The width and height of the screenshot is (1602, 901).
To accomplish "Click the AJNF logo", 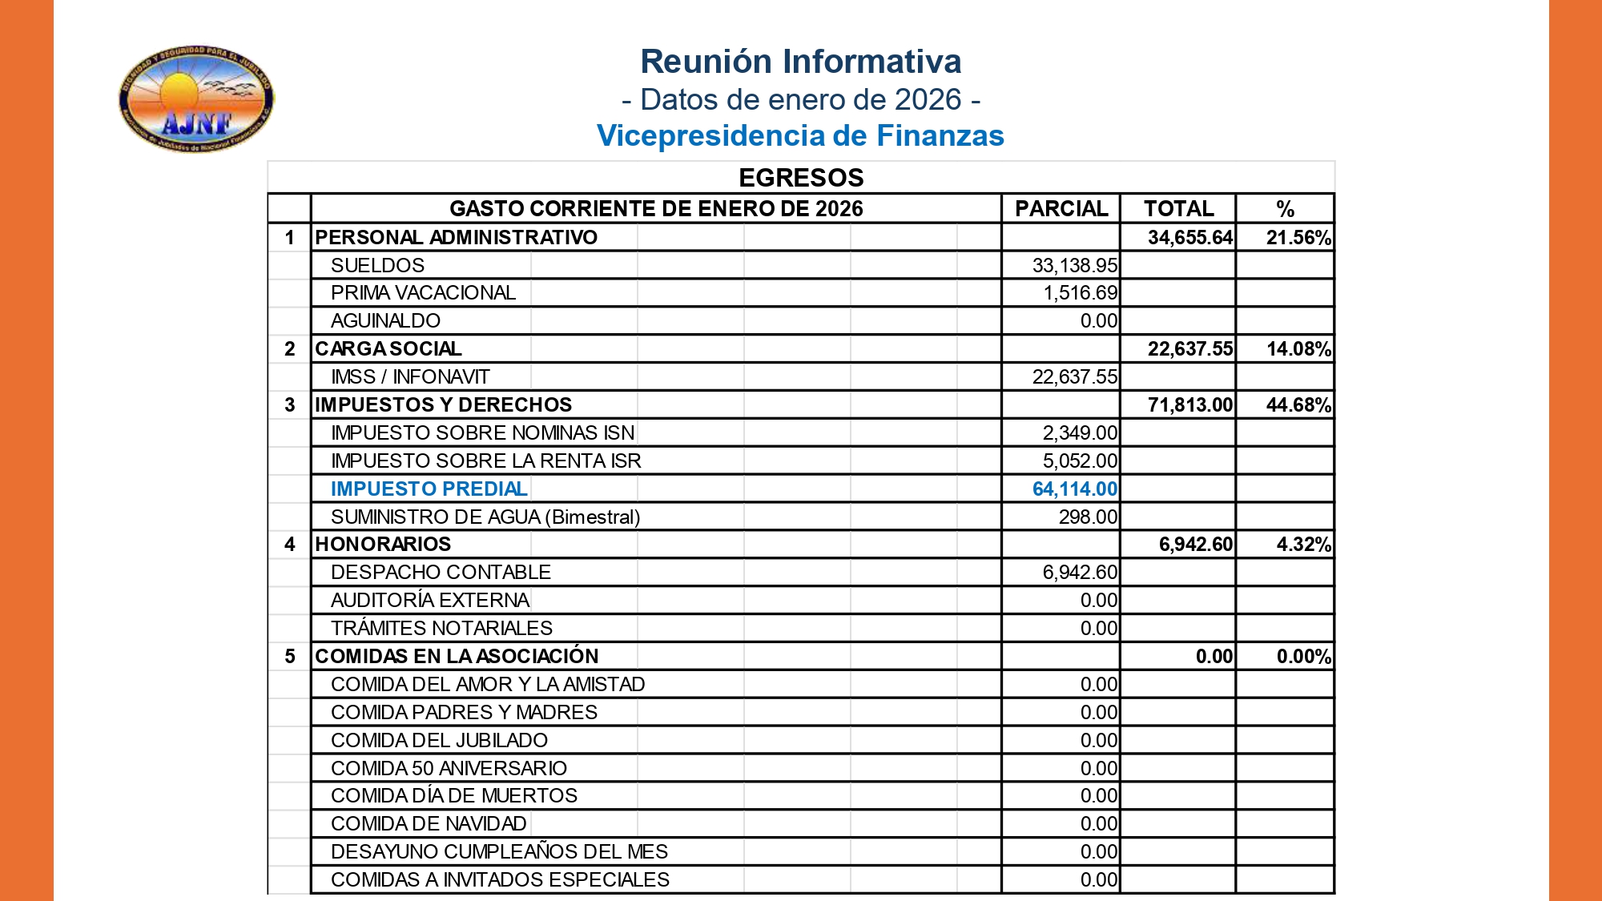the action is point(196,99).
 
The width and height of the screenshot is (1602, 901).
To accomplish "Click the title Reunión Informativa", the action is point(800,62).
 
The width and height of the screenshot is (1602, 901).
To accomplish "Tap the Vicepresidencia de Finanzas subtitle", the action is point(800,136).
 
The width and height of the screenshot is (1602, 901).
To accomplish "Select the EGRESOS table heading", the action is point(800,178).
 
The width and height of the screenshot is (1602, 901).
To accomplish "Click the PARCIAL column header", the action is point(1061,209).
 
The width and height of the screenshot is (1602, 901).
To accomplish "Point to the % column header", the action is point(1285,209).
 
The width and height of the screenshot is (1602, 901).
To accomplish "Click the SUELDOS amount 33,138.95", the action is point(1074,265).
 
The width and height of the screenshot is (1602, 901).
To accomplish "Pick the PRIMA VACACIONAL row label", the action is point(423,293).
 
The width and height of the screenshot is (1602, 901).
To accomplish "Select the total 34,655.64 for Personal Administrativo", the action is point(1189,238).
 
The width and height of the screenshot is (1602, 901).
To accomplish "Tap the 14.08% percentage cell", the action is point(1298,349).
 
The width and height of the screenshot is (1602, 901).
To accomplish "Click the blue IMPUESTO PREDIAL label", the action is point(429,489).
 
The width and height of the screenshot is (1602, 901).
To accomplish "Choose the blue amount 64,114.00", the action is point(1074,489).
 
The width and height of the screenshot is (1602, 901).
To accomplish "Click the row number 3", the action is point(290,405).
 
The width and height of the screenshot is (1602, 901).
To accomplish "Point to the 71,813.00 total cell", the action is point(1189,405).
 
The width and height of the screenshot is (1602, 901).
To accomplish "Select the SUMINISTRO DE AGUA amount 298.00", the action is point(1087,517).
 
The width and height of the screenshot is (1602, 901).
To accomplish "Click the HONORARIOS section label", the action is point(383,545).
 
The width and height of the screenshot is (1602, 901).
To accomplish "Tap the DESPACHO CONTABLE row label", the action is point(441,573).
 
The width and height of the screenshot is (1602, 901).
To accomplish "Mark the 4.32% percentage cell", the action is point(1303,545).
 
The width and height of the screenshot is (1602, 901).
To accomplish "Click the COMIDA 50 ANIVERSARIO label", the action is point(449,768).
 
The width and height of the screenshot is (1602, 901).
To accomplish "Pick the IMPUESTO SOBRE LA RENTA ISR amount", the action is point(1079,461).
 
